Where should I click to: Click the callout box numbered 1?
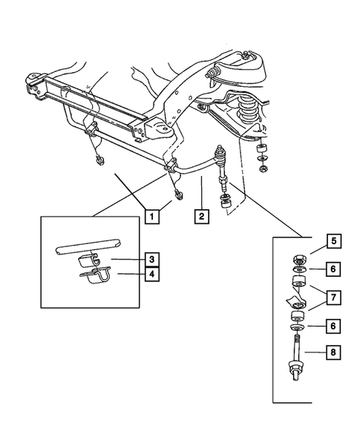151,217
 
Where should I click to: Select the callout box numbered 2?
200,217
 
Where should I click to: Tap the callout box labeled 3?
151,259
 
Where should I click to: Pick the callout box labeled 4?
151,274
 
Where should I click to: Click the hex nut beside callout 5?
295,261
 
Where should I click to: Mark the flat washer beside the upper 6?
295,271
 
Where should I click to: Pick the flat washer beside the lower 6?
295,327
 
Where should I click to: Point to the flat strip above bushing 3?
87,246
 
